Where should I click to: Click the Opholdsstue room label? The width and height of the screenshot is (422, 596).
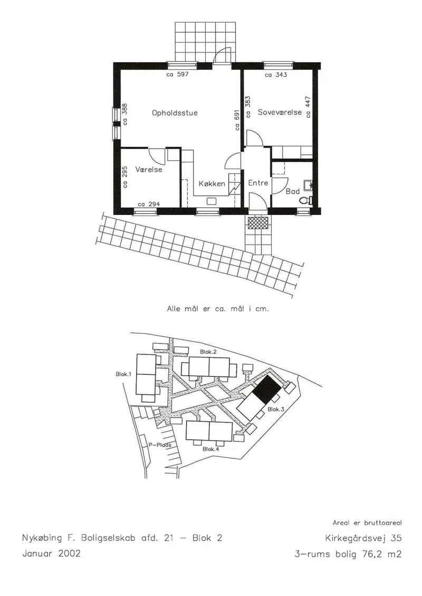coord(175,113)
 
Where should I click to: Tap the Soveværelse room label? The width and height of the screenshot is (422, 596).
coord(280,112)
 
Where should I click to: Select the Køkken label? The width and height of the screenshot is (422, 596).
coord(212,184)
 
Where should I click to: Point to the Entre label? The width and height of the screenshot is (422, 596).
coord(258,183)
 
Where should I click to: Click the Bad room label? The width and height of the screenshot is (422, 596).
coord(293,192)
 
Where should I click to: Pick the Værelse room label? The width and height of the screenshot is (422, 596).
coord(149,170)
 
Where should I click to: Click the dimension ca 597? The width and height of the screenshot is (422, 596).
coord(177,74)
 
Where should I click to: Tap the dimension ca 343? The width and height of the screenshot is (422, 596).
coord(276,75)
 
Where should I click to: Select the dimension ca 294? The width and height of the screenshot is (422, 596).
coord(149,204)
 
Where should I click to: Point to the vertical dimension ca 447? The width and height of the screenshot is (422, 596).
coord(308,107)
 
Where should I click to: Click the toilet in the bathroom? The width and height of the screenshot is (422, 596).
coord(305,200)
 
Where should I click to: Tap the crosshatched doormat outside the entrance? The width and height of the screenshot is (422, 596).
coord(258,223)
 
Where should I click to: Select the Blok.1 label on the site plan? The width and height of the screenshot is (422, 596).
coord(123,374)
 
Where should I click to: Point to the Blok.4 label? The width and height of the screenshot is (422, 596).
coord(210,449)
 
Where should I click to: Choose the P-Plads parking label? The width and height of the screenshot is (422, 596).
coord(160,445)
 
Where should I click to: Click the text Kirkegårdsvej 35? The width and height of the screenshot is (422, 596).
coord(363,538)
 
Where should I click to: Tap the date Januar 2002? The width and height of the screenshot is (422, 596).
coord(51,553)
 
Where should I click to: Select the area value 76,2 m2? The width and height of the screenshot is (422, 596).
coord(382,554)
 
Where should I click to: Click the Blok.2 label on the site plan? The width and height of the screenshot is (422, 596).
coord(208,352)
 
